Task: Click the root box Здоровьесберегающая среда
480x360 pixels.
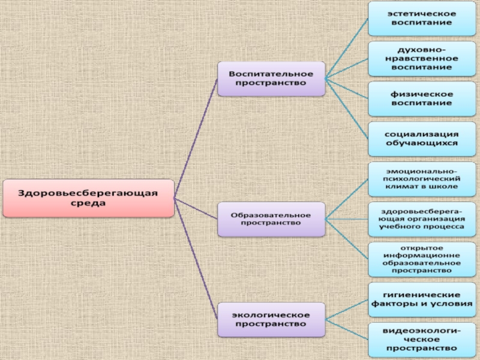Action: tap(88, 199)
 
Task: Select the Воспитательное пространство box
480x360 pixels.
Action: tap(271, 79)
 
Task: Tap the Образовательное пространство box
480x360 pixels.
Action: tap(271, 219)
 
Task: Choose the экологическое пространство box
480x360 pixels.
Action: tap(271, 319)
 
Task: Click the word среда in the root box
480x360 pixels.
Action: tap(88, 204)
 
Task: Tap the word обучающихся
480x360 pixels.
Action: tap(422, 144)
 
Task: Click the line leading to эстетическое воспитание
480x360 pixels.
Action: tap(347, 48)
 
